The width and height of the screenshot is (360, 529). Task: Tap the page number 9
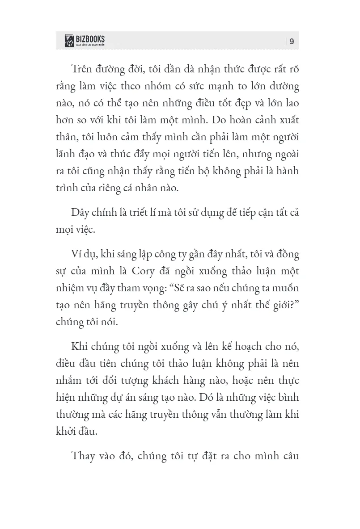point(292,42)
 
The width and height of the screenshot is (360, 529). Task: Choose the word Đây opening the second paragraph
point(82,213)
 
